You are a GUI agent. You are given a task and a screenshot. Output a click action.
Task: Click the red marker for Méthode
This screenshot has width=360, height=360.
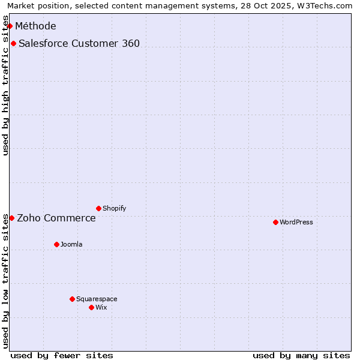(10, 26)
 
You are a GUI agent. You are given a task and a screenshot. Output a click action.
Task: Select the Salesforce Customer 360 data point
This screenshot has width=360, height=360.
(13, 43)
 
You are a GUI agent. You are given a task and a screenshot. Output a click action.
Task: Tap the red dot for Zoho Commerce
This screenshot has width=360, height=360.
(11, 218)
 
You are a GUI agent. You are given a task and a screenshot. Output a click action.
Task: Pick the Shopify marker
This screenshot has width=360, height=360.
(98, 208)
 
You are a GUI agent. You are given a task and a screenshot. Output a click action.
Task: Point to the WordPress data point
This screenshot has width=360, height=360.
(275, 222)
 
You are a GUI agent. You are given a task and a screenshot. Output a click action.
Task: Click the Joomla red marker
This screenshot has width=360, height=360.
(56, 244)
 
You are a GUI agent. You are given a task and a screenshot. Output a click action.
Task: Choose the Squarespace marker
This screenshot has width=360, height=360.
(72, 299)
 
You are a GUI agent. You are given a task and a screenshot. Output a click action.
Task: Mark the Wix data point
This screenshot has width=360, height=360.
(91, 307)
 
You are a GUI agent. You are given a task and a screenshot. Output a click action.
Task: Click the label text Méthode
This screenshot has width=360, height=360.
(35, 26)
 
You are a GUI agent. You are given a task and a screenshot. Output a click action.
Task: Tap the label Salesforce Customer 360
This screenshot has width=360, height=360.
(79, 43)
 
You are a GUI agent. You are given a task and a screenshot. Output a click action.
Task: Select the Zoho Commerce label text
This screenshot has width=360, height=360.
(56, 218)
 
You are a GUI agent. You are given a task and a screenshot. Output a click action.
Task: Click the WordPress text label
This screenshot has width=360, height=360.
(296, 222)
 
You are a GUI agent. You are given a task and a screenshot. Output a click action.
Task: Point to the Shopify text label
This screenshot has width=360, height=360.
(115, 208)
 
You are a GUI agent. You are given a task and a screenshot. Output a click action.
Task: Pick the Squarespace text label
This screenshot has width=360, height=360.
(97, 299)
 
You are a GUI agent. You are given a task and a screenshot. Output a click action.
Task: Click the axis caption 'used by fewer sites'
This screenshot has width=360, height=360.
(62, 355)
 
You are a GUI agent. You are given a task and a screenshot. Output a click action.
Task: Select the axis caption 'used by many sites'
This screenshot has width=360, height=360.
(301, 355)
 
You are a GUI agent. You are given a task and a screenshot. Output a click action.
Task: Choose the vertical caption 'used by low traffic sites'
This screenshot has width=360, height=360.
(5, 280)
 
